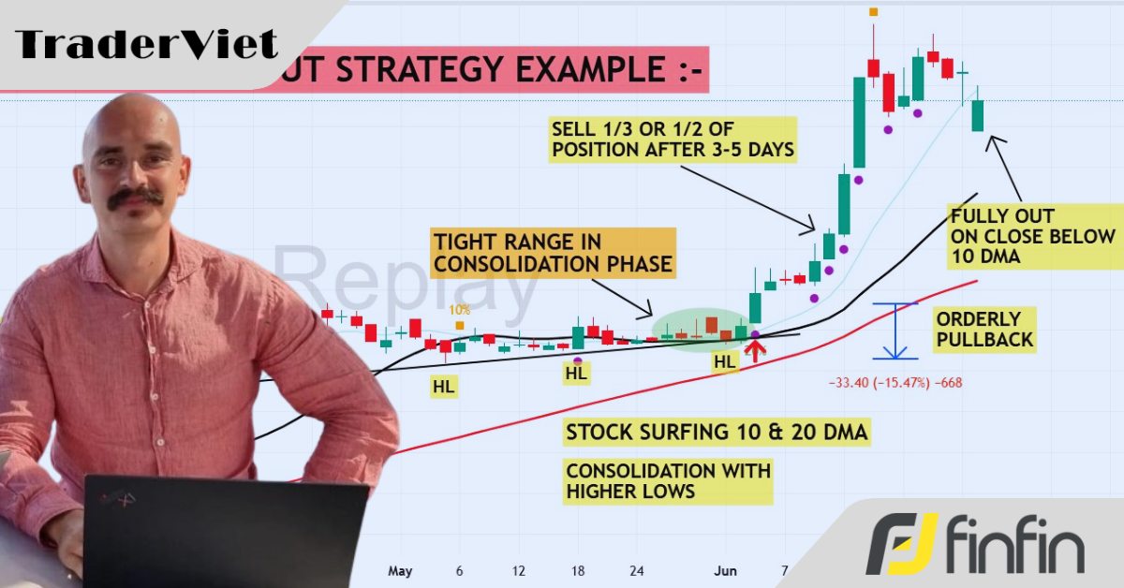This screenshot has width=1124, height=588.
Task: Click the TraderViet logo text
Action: click(x=147, y=44)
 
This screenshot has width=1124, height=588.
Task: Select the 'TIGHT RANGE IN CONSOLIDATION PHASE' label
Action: click(x=552, y=253)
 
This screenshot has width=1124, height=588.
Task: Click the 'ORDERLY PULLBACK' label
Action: click(x=984, y=329)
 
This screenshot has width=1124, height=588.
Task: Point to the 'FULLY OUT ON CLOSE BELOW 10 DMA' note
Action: click(x=1032, y=237)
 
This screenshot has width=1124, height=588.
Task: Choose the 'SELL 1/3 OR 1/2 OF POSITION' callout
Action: click(x=673, y=140)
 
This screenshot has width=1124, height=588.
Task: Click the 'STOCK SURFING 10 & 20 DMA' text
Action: click(x=717, y=433)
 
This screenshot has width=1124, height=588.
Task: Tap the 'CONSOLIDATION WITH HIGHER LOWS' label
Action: click(x=668, y=481)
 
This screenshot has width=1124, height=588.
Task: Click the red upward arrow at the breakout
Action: click(x=755, y=350)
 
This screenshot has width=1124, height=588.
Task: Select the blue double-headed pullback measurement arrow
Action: click(x=895, y=331)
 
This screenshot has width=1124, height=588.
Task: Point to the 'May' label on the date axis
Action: click(x=400, y=570)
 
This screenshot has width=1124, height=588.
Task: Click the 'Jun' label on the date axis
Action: click(x=725, y=570)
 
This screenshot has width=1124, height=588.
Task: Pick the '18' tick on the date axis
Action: click(x=579, y=570)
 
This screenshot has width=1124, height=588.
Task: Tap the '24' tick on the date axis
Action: click(x=638, y=570)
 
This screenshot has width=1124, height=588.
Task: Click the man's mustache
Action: click(x=135, y=198)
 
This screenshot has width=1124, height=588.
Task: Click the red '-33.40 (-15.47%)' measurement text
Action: click(x=895, y=382)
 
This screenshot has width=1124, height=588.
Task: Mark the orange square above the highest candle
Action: click(x=873, y=11)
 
